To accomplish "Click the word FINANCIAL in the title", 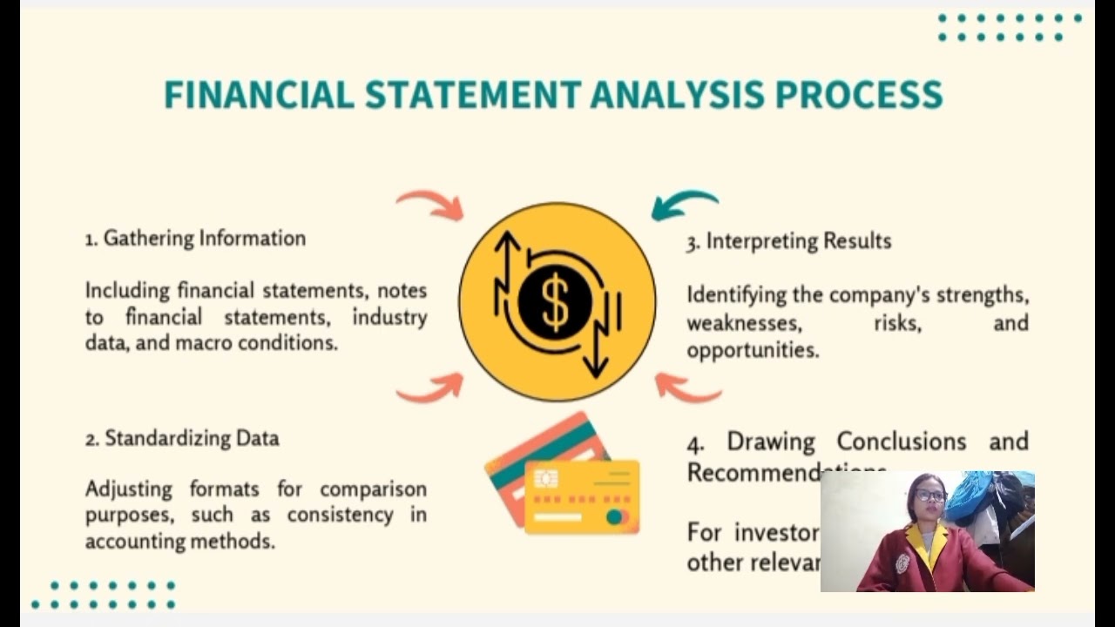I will point(259,94).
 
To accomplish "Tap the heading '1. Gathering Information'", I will point(195,239).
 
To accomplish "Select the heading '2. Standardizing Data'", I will point(182,438).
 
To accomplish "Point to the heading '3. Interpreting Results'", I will point(789,241).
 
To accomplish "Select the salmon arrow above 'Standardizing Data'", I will point(431,388).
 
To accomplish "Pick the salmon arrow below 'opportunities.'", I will point(687,388).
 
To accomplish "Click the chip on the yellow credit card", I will point(546,478).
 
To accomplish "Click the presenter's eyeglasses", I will point(930,496).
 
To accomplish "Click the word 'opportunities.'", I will point(753,350).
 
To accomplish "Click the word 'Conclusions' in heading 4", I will point(902,442).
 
